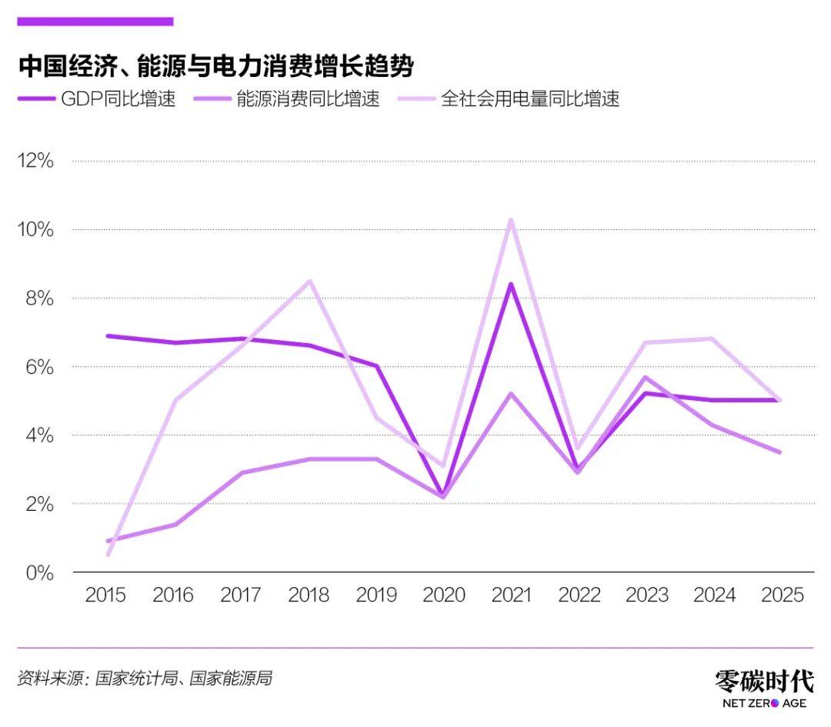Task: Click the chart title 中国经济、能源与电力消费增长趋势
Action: point(215,66)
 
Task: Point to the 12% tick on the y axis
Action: point(36,161)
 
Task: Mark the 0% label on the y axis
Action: point(38,572)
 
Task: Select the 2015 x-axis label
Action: point(105,595)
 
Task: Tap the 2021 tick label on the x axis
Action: point(511,595)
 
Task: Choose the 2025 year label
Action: point(781,595)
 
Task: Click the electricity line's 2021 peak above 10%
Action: point(511,220)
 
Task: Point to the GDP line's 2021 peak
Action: point(511,285)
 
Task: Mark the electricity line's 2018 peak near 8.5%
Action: point(309,281)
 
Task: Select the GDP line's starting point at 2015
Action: point(107,335)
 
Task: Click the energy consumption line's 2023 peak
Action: point(646,377)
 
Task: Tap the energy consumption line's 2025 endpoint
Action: point(780,452)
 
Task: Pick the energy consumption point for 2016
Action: point(175,525)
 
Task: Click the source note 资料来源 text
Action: point(144,679)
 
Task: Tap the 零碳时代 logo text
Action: point(763,681)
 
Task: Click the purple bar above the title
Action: point(95,22)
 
